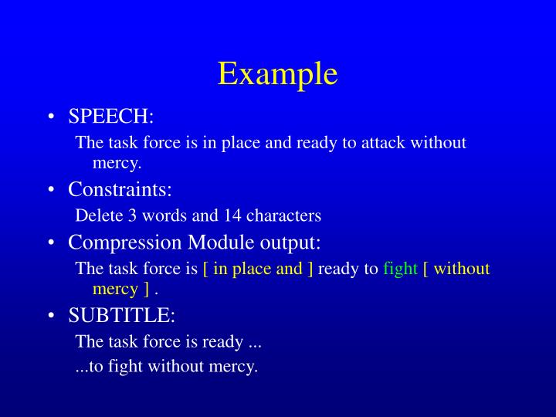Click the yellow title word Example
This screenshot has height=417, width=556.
(277, 73)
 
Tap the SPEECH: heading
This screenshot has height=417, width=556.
(111, 116)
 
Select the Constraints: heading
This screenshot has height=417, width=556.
(120, 189)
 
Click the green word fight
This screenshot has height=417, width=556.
(400, 269)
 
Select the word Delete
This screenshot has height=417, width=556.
(96, 215)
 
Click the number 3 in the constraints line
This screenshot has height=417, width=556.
(124, 215)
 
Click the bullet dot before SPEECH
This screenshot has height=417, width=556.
(50, 117)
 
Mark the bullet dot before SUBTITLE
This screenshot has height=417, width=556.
(50, 317)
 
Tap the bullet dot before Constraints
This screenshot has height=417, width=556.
(50, 191)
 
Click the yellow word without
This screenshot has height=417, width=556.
(462, 269)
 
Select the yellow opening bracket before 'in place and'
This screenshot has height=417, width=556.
(205, 269)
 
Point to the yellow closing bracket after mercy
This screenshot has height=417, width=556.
(145, 290)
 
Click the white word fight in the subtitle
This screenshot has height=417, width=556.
(124, 367)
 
